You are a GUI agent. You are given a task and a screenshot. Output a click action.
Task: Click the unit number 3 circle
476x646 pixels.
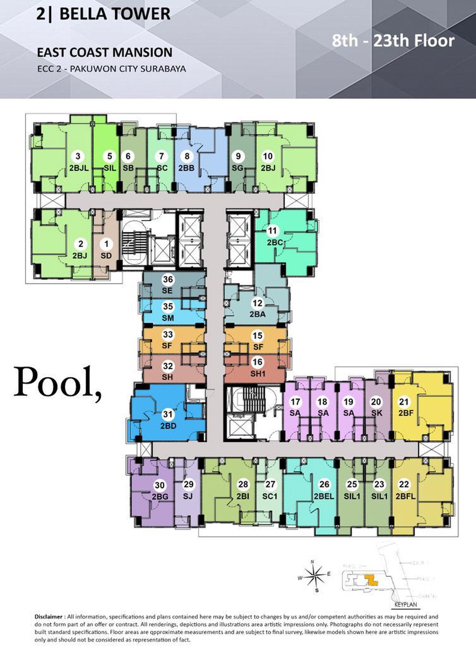(x=78, y=156)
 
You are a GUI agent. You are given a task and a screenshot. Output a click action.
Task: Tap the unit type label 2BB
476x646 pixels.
(x=186, y=168)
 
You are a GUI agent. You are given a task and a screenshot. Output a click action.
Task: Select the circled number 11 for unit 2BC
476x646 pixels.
(x=273, y=231)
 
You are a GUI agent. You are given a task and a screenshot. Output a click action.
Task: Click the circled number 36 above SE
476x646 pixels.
(x=168, y=280)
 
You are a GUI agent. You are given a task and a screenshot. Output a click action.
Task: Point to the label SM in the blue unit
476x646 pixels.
(x=168, y=318)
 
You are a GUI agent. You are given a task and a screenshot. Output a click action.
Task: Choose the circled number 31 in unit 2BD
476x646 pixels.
(x=168, y=415)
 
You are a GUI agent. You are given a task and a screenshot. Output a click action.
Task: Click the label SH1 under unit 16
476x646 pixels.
(x=258, y=373)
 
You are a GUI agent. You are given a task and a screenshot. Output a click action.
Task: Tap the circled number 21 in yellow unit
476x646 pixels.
(x=404, y=402)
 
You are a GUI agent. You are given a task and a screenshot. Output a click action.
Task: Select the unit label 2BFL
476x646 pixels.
(x=405, y=496)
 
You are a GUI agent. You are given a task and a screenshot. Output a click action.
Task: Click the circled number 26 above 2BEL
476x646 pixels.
(x=324, y=484)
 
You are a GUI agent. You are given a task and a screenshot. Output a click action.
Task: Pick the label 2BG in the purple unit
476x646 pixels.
(x=160, y=496)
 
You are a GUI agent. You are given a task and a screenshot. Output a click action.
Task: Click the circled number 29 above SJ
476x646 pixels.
(x=188, y=484)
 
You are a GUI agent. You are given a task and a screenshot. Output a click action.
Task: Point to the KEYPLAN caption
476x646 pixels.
(x=406, y=604)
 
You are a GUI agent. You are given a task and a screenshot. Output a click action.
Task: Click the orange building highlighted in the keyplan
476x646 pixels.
(x=370, y=580)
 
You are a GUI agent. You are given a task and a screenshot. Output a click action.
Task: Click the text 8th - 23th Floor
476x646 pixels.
(x=393, y=40)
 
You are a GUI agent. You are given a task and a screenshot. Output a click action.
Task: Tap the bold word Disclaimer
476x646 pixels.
(x=48, y=617)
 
